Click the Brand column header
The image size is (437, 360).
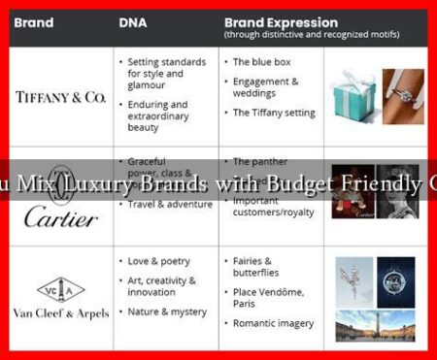(33, 21)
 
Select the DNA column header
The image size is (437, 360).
(133, 21)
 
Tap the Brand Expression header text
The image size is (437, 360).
(281, 20)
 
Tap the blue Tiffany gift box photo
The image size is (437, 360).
(353, 98)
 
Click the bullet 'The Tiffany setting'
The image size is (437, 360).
(273, 113)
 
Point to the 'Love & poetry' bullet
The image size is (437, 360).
(159, 261)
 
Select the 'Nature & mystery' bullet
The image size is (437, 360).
(166, 311)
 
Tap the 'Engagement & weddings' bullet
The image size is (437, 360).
(265, 86)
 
